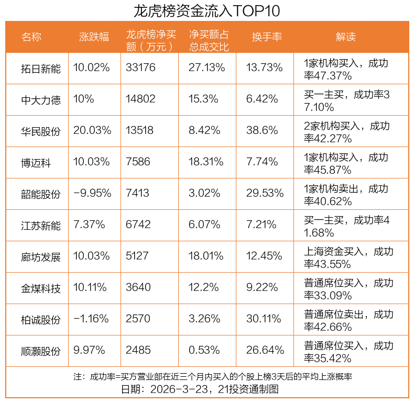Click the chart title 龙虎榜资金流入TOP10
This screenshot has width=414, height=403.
pyautogui.click(x=207, y=10)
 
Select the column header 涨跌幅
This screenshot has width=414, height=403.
pyautogui.click(x=94, y=37)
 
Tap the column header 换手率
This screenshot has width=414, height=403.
pyautogui.click(x=267, y=37)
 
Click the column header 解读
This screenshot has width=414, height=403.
pyautogui.click(x=345, y=37)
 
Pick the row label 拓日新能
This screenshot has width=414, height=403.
pyautogui.click(x=40, y=68)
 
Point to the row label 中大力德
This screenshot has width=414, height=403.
pyautogui.click(x=40, y=99)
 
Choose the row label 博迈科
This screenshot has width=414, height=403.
pyautogui.click(x=36, y=162)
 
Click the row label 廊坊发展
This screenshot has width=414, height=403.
pyautogui.click(x=40, y=256)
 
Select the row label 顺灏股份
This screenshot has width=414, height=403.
pyautogui.click(x=40, y=351)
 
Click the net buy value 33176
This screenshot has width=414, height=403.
pyautogui.click(x=141, y=68)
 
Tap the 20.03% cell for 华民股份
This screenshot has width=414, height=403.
pyautogui.click(x=93, y=130)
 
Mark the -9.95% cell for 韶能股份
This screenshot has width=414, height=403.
pyautogui.click(x=93, y=193)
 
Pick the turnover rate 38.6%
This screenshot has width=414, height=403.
pyautogui.click(x=262, y=130)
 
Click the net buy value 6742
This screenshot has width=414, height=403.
pyautogui.click(x=138, y=225)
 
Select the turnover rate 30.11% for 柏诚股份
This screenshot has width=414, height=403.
pyautogui.click(x=265, y=319)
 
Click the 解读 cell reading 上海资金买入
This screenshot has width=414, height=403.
pyautogui.click(x=348, y=256)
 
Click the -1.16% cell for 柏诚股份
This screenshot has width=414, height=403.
pyautogui.click(x=91, y=319)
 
